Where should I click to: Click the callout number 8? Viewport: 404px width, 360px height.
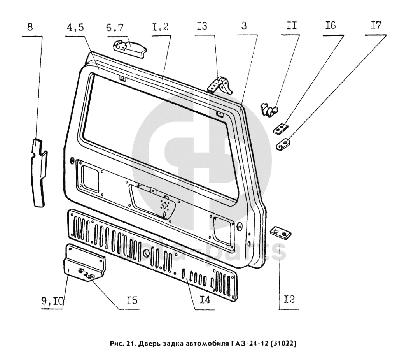coord(30,27)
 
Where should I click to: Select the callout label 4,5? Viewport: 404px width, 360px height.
coord(75,27)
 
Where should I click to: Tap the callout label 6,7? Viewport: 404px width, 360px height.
coord(115,27)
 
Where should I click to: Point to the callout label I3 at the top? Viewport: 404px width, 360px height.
coord(202,26)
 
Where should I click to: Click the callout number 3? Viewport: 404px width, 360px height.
coord(244,26)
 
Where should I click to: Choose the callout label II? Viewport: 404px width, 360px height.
coord(291,26)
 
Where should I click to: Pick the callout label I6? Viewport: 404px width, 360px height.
coord(331,25)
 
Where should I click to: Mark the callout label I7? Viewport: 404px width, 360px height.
coord(376,25)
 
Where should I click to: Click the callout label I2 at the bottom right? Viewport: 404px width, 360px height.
coord(289,299)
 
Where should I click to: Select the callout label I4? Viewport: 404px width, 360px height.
coord(205,300)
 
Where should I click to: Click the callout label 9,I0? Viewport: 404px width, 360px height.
coord(52,301)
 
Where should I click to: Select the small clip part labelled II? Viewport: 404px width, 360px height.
coord(269,109)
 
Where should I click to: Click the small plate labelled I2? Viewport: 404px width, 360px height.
coord(281,233)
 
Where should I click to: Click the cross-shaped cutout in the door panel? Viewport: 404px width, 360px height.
coord(164,205)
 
